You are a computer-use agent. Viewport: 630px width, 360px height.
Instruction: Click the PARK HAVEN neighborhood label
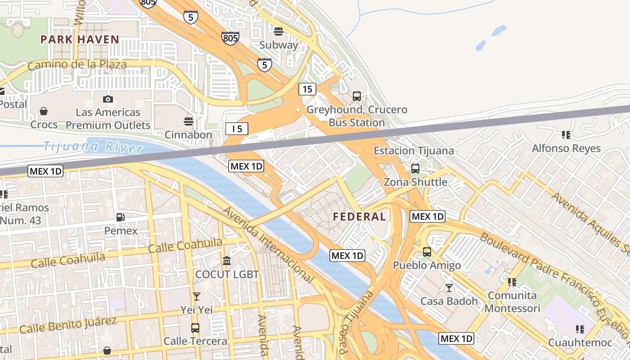point(80,40)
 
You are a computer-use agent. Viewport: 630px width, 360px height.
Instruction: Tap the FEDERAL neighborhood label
point(359,217)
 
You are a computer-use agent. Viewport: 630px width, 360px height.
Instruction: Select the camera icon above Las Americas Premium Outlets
point(108,99)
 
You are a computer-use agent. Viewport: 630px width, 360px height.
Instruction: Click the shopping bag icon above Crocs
point(44,111)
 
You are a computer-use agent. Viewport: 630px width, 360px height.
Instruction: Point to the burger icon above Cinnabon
point(189,121)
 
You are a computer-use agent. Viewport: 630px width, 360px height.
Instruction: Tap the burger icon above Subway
point(279,31)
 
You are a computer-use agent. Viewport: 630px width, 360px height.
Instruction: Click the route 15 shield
point(307,89)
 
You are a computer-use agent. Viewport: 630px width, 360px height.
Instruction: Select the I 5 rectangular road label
point(237,129)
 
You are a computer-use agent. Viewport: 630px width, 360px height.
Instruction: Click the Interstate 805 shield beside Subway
point(230,38)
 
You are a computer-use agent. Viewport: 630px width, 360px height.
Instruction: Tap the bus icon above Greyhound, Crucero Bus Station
point(357,96)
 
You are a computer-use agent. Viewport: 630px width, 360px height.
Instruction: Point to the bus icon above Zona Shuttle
point(415,169)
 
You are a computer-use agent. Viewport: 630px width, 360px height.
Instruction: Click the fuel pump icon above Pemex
point(121,217)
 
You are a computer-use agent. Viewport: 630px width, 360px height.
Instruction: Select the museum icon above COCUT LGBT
point(227,261)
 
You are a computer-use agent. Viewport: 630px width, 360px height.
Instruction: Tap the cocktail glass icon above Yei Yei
point(196,296)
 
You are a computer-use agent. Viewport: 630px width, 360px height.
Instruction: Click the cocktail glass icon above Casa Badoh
point(449,288)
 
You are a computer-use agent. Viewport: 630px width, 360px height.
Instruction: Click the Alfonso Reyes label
point(566,148)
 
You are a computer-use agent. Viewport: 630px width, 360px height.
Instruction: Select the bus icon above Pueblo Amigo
point(427,252)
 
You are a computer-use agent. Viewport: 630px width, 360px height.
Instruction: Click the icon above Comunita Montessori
point(512,282)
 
